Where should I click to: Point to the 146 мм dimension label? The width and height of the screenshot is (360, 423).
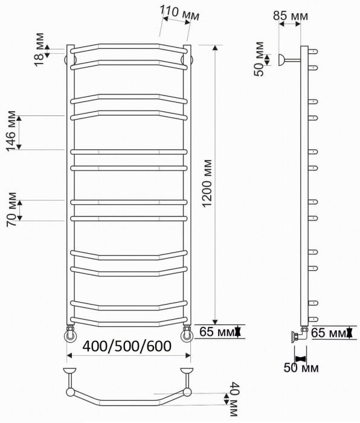pyautogui.click(x=11, y=131)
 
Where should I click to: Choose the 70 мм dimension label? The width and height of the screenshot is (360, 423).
pyautogui.click(x=11, y=209)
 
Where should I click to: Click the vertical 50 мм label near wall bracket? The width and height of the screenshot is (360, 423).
pyautogui.click(x=259, y=59)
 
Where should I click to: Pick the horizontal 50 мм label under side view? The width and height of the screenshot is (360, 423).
pyautogui.click(x=302, y=367)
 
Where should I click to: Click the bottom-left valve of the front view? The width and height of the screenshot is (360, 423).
pyautogui.click(x=69, y=333)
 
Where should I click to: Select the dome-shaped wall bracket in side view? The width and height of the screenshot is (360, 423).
pyautogui.click(x=281, y=59)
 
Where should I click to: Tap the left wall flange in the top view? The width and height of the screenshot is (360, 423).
pyautogui.click(x=71, y=369)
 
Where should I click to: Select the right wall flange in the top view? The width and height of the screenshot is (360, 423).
pyautogui.click(x=185, y=369)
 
